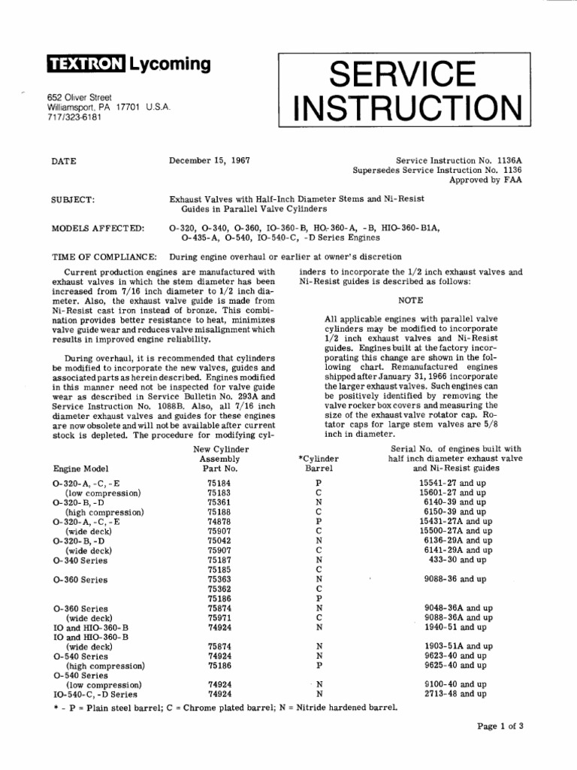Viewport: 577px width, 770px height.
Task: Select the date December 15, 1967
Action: pyautogui.click(x=210, y=160)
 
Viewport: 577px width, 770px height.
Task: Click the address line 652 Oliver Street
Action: pyautogui.click(x=80, y=97)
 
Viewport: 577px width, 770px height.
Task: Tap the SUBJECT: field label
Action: pyautogui.click(x=72, y=199)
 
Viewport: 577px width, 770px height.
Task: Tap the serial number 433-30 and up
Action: pyautogui.click(x=457, y=559)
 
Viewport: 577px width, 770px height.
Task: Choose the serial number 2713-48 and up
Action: pyautogui.click(x=455, y=694)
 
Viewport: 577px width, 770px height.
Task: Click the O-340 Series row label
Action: pyautogui.click(x=81, y=560)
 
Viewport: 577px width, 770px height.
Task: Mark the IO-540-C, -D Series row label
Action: pyautogui.click(x=95, y=695)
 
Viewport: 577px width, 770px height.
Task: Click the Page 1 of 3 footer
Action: pyautogui.click(x=500, y=726)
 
